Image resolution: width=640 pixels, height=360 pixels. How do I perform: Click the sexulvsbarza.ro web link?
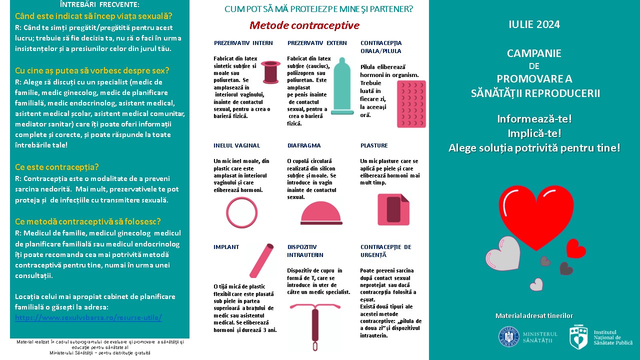[x=88, y=317]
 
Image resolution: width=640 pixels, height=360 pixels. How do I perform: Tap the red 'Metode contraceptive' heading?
[x=304, y=25]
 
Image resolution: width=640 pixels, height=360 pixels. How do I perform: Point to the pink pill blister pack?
[x=410, y=104]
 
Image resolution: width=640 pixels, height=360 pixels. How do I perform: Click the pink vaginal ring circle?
[x=241, y=212]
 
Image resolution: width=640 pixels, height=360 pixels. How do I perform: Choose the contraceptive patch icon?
[x=393, y=208]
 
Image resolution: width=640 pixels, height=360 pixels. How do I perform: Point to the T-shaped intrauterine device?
[x=315, y=321]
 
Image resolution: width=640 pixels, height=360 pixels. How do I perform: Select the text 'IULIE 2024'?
[x=534, y=24]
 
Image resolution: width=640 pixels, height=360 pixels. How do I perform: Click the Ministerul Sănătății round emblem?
[x=508, y=336]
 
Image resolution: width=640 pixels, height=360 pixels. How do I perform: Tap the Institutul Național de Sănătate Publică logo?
[x=578, y=337]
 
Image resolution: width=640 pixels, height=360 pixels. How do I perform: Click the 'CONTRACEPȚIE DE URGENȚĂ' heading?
[x=385, y=251]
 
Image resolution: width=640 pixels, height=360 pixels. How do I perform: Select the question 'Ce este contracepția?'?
[x=57, y=167]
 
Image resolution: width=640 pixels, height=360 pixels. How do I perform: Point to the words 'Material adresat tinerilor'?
[x=534, y=315]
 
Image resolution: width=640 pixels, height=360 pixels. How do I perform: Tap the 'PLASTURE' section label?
[x=374, y=145]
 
